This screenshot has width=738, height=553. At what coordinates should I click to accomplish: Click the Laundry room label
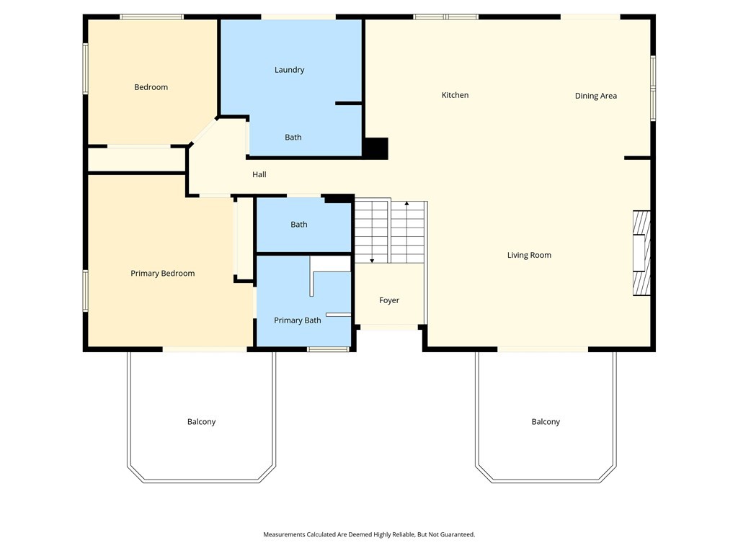(x=289, y=70)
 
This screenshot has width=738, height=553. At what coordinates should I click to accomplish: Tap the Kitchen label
(x=455, y=95)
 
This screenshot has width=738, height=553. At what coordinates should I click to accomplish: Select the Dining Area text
(x=595, y=96)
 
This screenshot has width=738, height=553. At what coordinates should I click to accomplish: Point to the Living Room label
(x=529, y=256)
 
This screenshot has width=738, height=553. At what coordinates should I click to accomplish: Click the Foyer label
(x=388, y=300)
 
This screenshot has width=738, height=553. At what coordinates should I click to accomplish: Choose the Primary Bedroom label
(x=162, y=274)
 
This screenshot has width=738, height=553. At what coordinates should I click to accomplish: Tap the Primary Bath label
(x=298, y=320)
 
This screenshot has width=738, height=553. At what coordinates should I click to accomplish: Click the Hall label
(x=259, y=174)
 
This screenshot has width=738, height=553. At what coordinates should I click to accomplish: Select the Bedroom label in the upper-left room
(x=151, y=87)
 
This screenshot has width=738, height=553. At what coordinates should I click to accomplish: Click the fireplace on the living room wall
(x=641, y=253)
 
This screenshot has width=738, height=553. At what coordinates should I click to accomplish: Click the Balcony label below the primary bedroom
(x=202, y=422)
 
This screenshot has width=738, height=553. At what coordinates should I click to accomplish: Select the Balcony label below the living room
(x=546, y=422)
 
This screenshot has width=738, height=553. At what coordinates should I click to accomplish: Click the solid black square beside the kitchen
(x=376, y=148)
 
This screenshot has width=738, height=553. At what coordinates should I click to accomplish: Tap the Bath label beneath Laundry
(x=293, y=138)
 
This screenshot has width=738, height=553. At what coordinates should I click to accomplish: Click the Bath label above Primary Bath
(x=299, y=225)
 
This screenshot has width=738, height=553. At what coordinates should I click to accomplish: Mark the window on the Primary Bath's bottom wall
(x=328, y=349)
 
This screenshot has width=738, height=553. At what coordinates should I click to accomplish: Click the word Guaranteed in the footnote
(x=457, y=535)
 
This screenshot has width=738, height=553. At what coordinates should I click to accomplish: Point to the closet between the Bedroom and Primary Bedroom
(x=136, y=160)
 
